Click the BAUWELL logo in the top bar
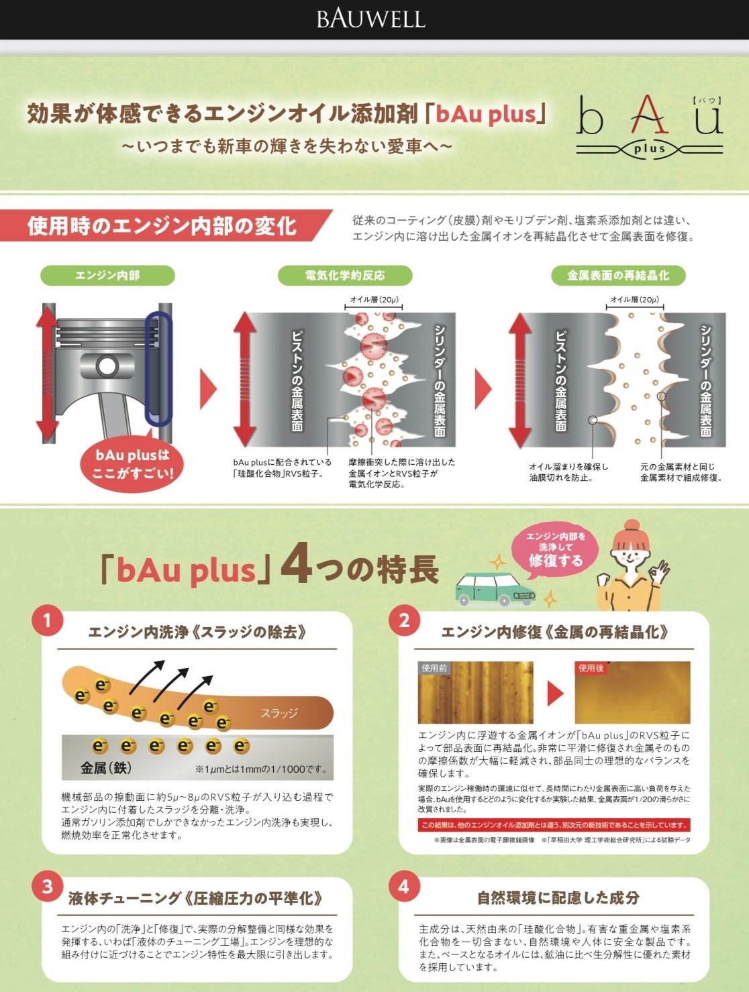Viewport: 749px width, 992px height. [370, 19]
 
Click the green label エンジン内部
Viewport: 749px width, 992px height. [107, 275]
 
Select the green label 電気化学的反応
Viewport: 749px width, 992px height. [345, 275]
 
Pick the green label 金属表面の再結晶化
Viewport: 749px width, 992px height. [618, 275]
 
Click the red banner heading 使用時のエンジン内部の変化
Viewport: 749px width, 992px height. [162, 225]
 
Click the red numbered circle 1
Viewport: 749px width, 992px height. [47, 620]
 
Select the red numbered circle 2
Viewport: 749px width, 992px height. [404, 620]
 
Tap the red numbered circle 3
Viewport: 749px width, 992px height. [47, 886]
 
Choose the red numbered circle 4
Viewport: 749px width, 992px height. [404, 886]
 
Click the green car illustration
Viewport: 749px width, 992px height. [495, 590]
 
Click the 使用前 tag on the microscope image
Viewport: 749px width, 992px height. [434, 668]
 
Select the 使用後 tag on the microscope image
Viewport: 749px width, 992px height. [591, 668]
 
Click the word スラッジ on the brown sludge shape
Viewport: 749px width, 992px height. [279, 713]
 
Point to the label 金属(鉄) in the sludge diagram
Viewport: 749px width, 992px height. [106, 768]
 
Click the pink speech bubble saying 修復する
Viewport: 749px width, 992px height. [555, 551]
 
